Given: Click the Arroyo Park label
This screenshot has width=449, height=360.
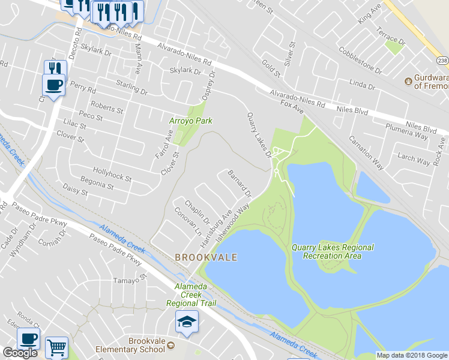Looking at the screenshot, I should pos(190,121).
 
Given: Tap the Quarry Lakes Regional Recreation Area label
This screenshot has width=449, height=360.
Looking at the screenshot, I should pos(333,251).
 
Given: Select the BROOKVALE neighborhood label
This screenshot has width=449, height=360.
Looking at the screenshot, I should pos(206,257).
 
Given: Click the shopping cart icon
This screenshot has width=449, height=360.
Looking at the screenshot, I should pos(56,347).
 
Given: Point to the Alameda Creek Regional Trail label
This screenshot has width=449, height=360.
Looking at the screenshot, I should pos(190,295).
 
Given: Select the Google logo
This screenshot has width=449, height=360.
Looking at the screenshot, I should pos(20,353).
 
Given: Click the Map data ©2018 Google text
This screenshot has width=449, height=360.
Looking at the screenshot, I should pos(411,355).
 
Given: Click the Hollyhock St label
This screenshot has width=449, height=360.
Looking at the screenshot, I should pos(112,175).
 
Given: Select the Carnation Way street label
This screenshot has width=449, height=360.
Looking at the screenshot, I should pos(367,153).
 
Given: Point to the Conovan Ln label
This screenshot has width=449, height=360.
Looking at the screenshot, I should pos(187,222).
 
